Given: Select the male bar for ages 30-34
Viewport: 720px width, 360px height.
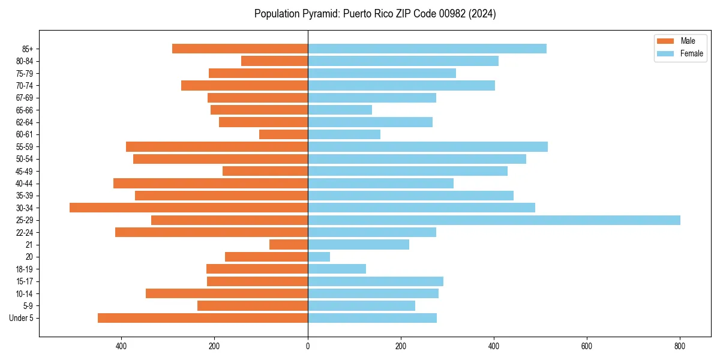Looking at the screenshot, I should [x=188, y=208].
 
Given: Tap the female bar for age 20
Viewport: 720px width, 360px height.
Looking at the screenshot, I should [x=319, y=257].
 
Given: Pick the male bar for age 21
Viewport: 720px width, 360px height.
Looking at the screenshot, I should [x=289, y=244].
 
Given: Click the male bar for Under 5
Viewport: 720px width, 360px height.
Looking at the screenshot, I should [x=203, y=318].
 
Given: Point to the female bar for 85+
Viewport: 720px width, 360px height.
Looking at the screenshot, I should [x=427, y=49].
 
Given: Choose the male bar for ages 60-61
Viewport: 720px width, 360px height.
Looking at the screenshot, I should [x=283, y=134].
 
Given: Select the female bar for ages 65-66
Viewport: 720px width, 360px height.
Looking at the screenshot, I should [x=340, y=110].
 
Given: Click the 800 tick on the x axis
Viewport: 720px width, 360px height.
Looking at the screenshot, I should [x=680, y=346].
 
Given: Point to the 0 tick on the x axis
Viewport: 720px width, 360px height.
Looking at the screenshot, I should [x=308, y=346].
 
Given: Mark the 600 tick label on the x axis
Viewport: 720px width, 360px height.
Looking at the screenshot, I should [x=587, y=346].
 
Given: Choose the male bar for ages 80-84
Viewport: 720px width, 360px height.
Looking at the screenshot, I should [x=274, y=61].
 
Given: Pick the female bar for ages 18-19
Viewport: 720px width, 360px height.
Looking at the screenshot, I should [x=337, y=269].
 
